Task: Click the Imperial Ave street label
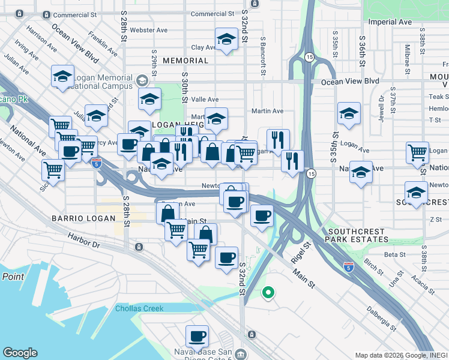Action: tap(390, 22)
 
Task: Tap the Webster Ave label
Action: tap(149, 29)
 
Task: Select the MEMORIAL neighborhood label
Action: tap(185, 61)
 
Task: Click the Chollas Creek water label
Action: tap(140, 309)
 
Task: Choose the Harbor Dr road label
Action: tap(85, 242)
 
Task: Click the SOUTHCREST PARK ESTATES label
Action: tap(358, 235)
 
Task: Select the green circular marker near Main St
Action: tap(268, 293)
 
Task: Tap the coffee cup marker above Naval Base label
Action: tap(197, 336)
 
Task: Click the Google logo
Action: tap(20, 353)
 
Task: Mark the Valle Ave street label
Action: tap(205, 100)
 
